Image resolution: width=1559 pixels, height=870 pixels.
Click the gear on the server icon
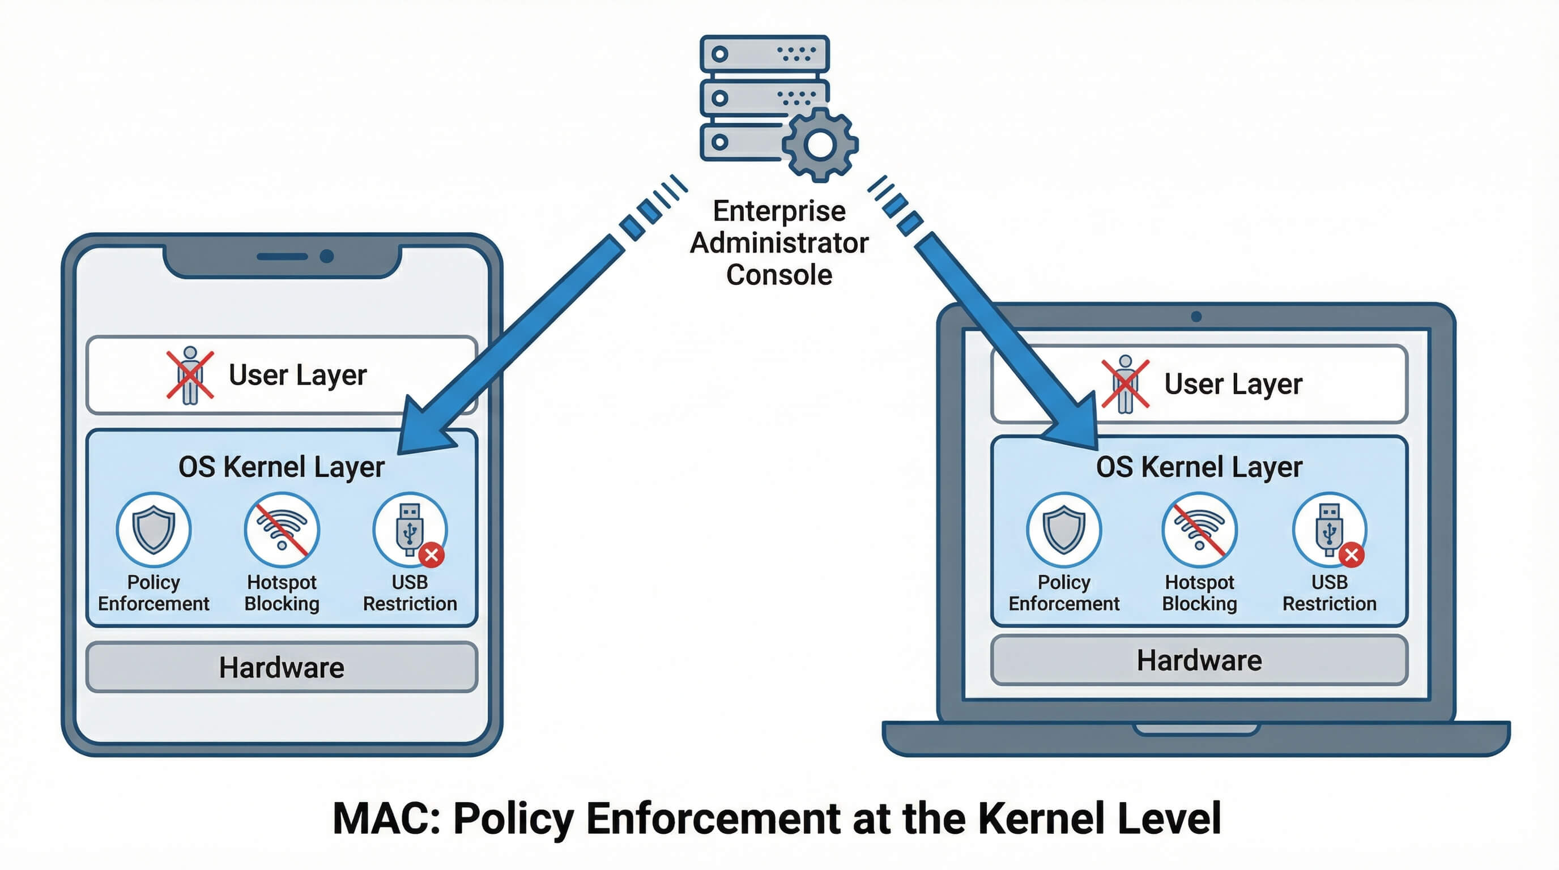point(820,144)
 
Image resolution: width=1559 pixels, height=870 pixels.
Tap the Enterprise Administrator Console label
point(779,242)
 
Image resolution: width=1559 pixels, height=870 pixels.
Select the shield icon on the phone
point(154,530)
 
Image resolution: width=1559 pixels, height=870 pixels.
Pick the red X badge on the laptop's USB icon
point(1352,555)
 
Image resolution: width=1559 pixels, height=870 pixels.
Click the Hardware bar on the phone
point(282,667)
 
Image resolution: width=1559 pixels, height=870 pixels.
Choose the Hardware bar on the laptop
point(1199,660)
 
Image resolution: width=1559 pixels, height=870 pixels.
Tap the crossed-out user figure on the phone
point(190,375)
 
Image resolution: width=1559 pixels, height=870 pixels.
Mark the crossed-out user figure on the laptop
point(1125,384)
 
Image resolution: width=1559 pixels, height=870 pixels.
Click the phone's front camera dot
point(327,257)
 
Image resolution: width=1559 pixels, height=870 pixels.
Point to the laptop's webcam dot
point(1196,317)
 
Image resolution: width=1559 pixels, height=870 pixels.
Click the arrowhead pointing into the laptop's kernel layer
point(1077,427)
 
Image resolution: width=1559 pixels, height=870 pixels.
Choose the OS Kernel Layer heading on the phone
point(282,467)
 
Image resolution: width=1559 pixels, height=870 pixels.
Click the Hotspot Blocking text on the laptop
point(1199,592)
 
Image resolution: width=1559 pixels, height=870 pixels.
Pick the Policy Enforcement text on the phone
point(154,592)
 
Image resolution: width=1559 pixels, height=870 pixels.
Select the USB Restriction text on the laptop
point(1329,592)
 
